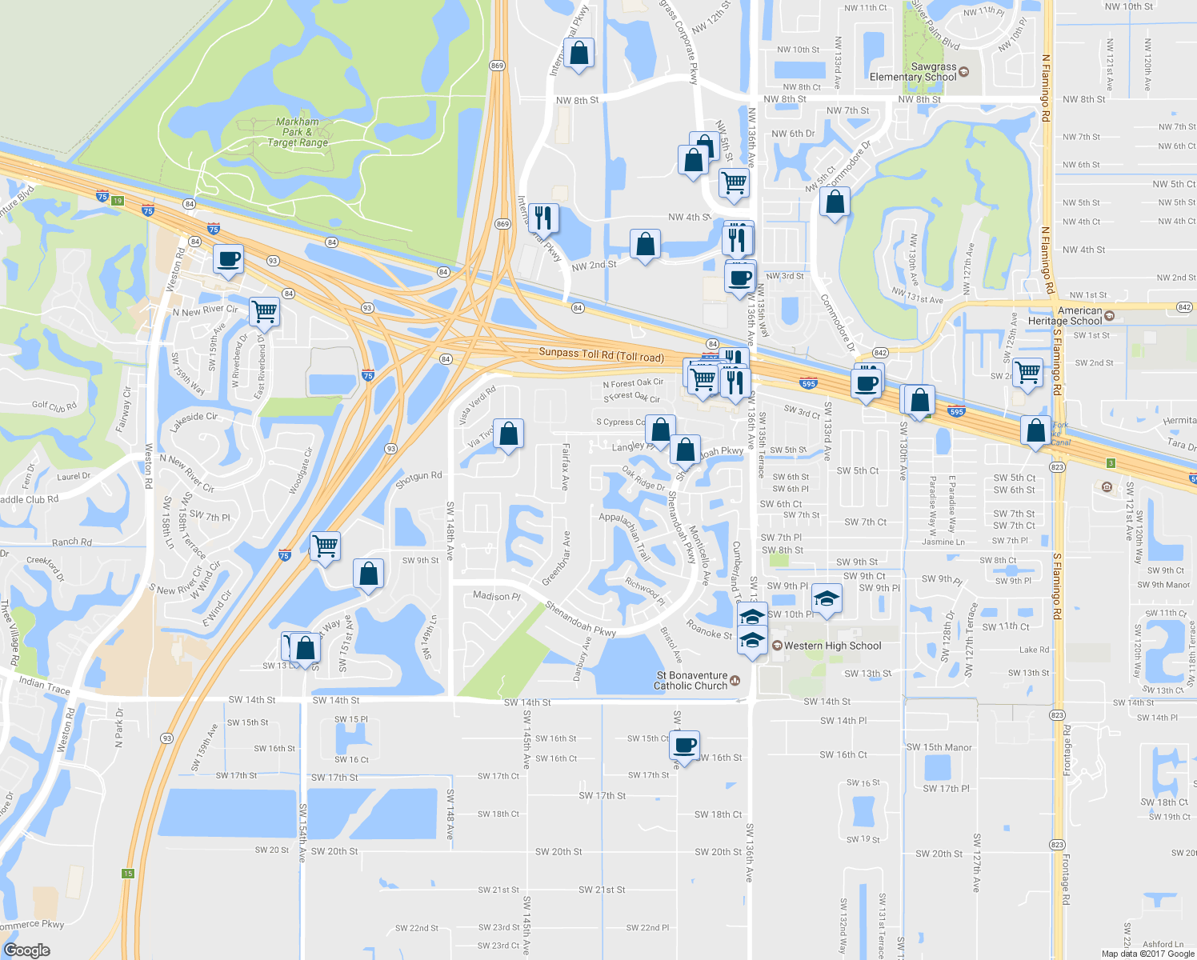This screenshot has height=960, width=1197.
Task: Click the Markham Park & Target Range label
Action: (x=298, y=133)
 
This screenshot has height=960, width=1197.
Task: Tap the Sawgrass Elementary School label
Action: (x=913, y=72)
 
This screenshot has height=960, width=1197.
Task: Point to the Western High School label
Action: (x=832, y=646)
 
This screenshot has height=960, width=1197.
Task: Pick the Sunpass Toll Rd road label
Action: (x=601, y=354)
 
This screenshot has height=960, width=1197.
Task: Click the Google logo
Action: (x=26, y=950)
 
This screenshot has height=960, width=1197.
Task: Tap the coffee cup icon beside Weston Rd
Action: (x=228, y=260)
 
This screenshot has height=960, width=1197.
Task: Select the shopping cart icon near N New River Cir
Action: (x=264, y=310)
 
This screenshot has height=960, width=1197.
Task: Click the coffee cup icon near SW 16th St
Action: (x=685, y=745)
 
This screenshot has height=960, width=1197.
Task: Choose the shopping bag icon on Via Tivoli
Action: (x=509, y=434)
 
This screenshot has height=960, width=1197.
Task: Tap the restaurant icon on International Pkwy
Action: (x=542, y=218)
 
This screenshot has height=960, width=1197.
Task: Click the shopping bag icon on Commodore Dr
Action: (x=835, y=203)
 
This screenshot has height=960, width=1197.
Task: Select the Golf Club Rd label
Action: (x=54, y=406)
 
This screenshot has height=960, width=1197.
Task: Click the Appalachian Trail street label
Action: (x=625, y=534)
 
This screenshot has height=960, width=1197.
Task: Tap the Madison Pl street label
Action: (x=496, y=596)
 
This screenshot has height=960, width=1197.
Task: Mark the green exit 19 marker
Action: (x=118, y=201)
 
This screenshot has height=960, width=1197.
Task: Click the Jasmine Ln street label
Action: (x=943, y=542)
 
